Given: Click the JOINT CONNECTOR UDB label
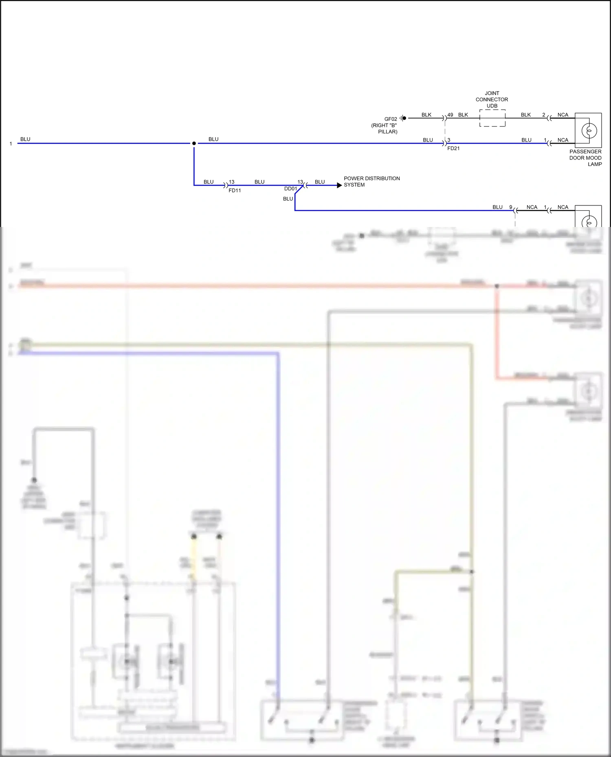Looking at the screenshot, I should tap(492, 99).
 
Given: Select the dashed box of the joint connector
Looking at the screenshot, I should tap(492, 118).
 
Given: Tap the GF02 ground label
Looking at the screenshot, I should tap(390, 119).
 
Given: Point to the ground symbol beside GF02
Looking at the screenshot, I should tap(403, 118).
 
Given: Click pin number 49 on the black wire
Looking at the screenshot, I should tap(450, 115).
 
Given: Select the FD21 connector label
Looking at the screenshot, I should tap(453, 148).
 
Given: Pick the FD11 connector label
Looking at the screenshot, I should tap(235, 190).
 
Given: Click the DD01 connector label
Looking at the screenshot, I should tap(290, 189).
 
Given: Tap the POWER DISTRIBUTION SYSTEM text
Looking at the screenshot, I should tap(371, 181).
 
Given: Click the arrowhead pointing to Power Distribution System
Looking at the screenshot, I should tap(339, 185).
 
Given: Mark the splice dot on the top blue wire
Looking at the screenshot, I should tap(194, 143).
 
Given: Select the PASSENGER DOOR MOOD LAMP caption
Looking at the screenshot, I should tap(585, 158).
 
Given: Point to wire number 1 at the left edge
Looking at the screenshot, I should tap(11, 144).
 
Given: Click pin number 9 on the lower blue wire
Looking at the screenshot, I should tap(510, 207).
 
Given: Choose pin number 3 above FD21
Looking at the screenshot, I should tap(449, 140).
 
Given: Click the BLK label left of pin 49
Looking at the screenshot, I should tap(426, 115).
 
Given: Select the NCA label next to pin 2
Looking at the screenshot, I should tap(563, 115).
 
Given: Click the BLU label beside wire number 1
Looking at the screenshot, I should tap(25, 139).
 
